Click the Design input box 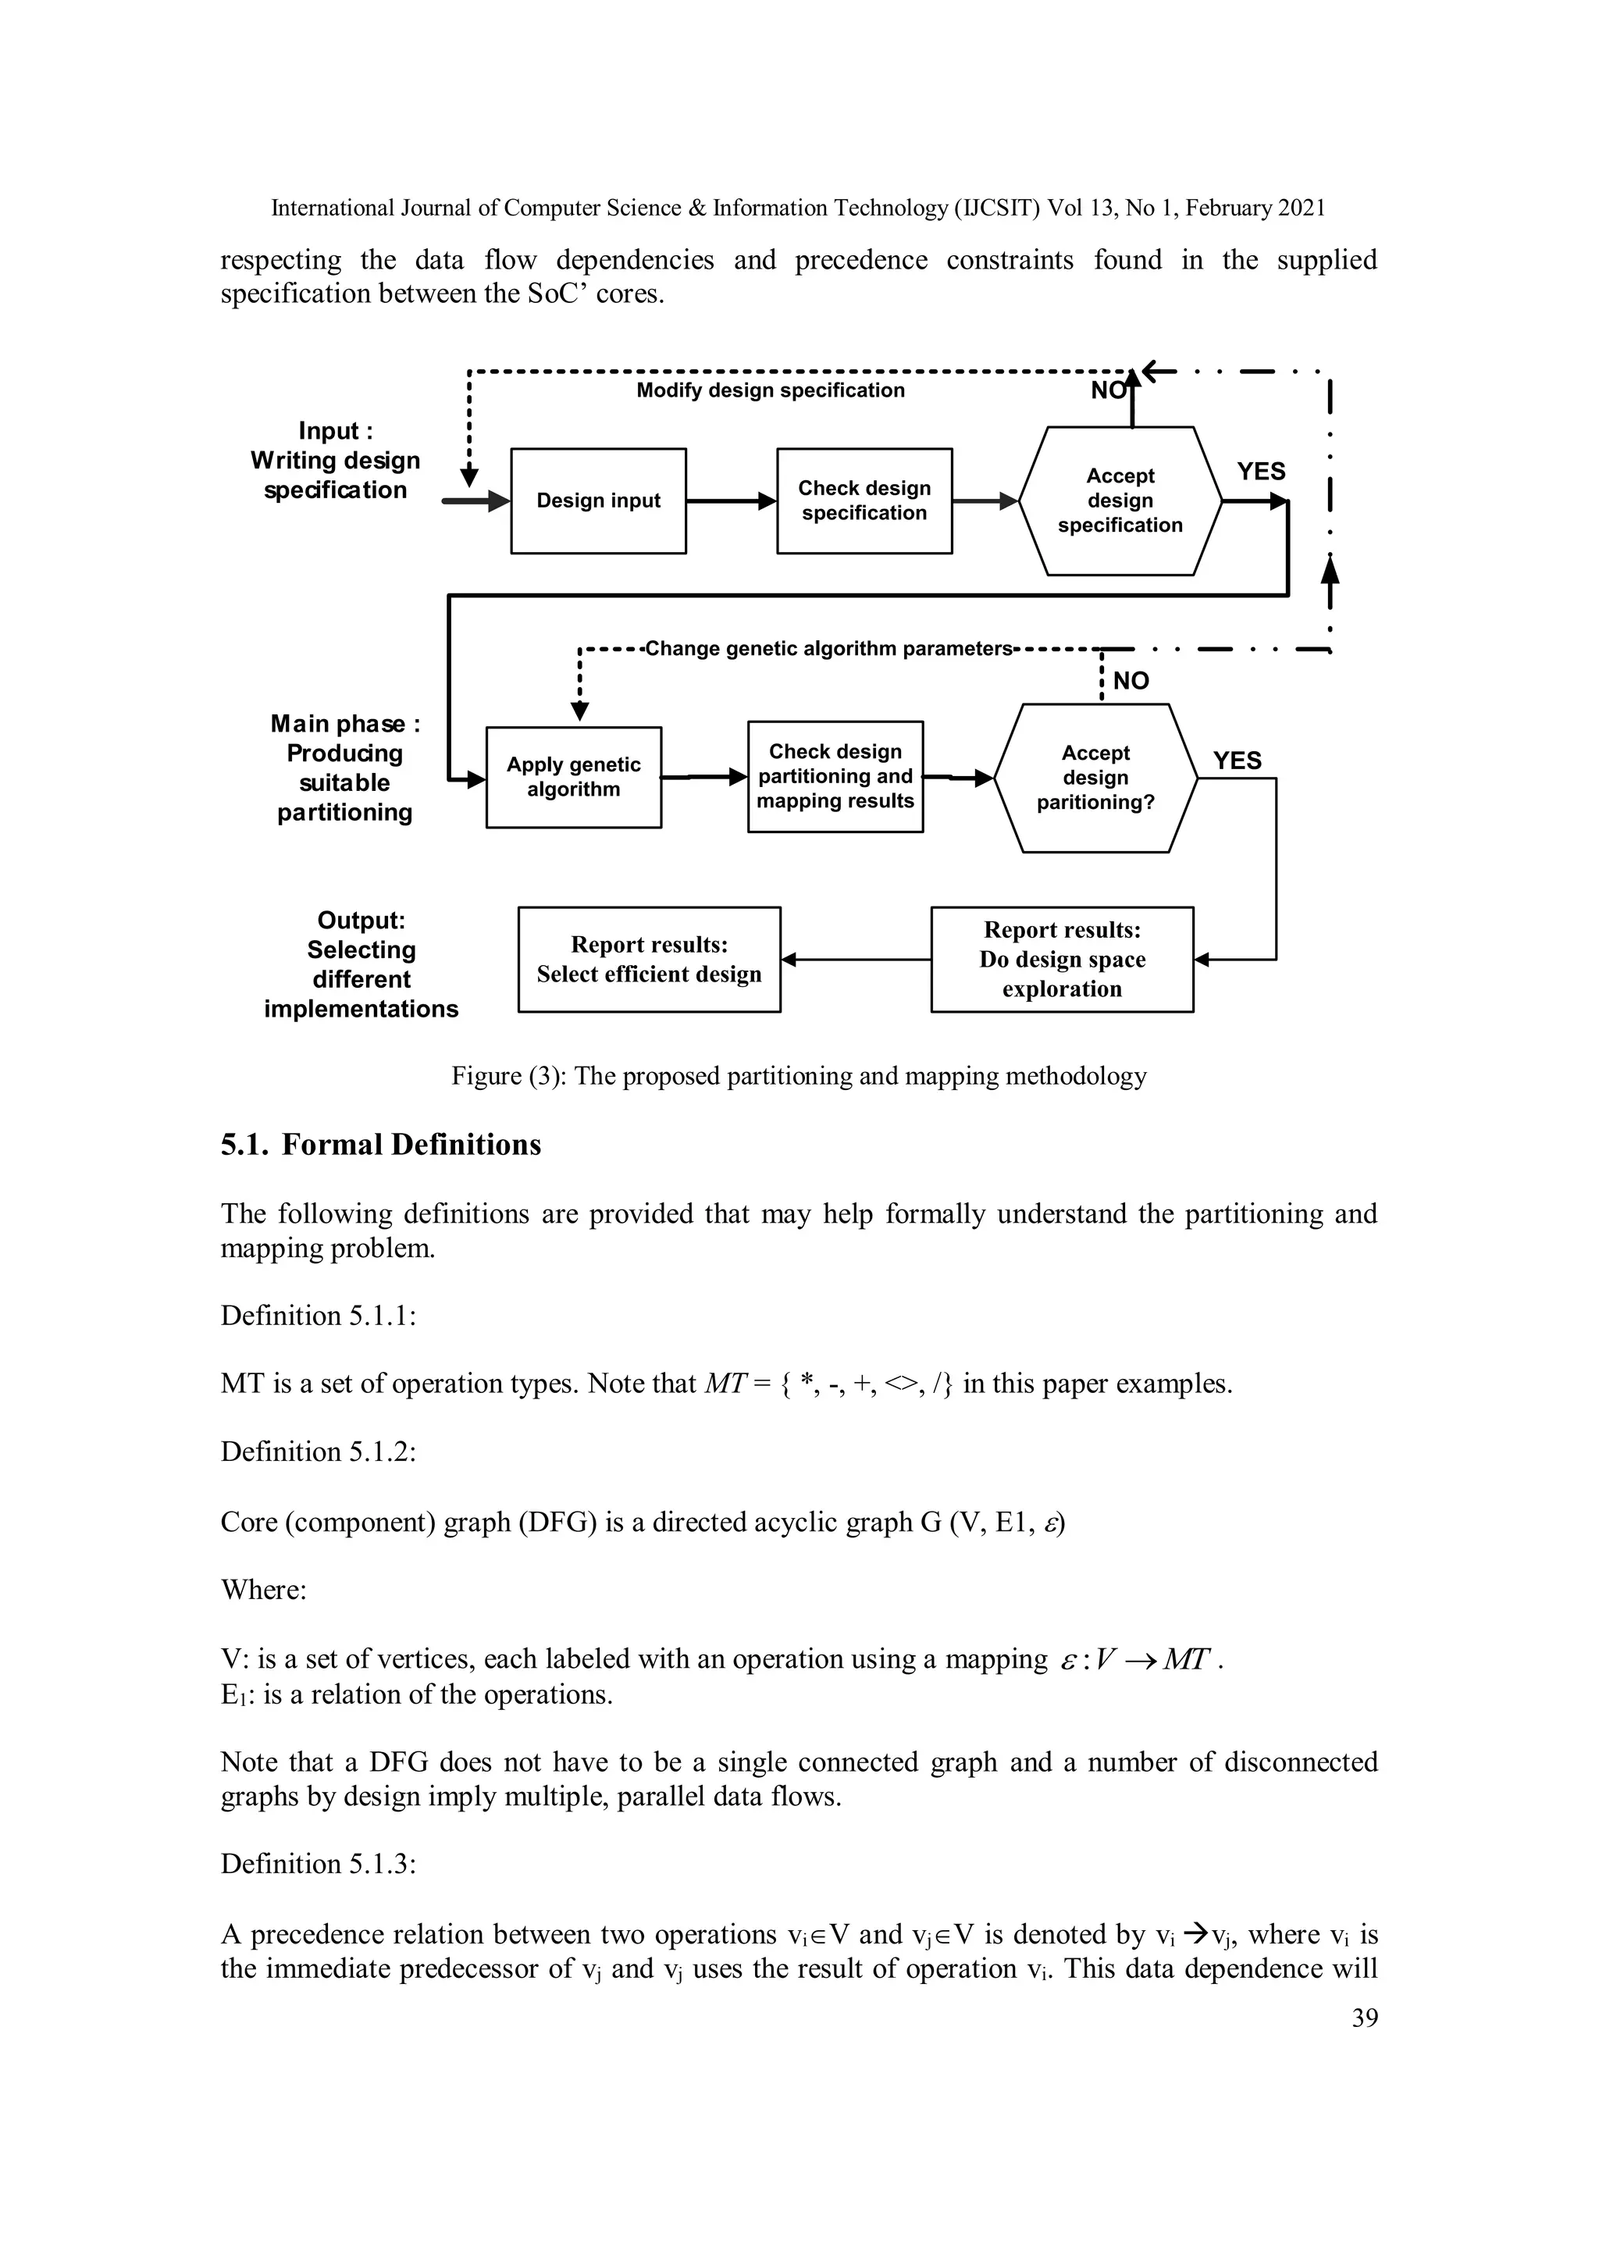(598, 501)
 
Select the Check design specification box (864, 501)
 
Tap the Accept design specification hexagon (1120, 501)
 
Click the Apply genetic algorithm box (573, 778)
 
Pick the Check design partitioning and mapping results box (835, 778)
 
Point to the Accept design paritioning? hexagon (1095, 778)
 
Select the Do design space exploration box (1062, 960)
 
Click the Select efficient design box (650, 960)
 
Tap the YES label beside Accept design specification (1261, 472)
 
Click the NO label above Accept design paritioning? (1131, 682)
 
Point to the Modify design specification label (771, 391)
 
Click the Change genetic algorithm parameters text (828, 649)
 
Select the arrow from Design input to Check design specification (731, 501)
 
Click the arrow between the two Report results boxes (855, 960)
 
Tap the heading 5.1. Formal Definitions (381, 1145)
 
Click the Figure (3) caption (799, 1076)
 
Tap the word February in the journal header (1230, 208)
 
